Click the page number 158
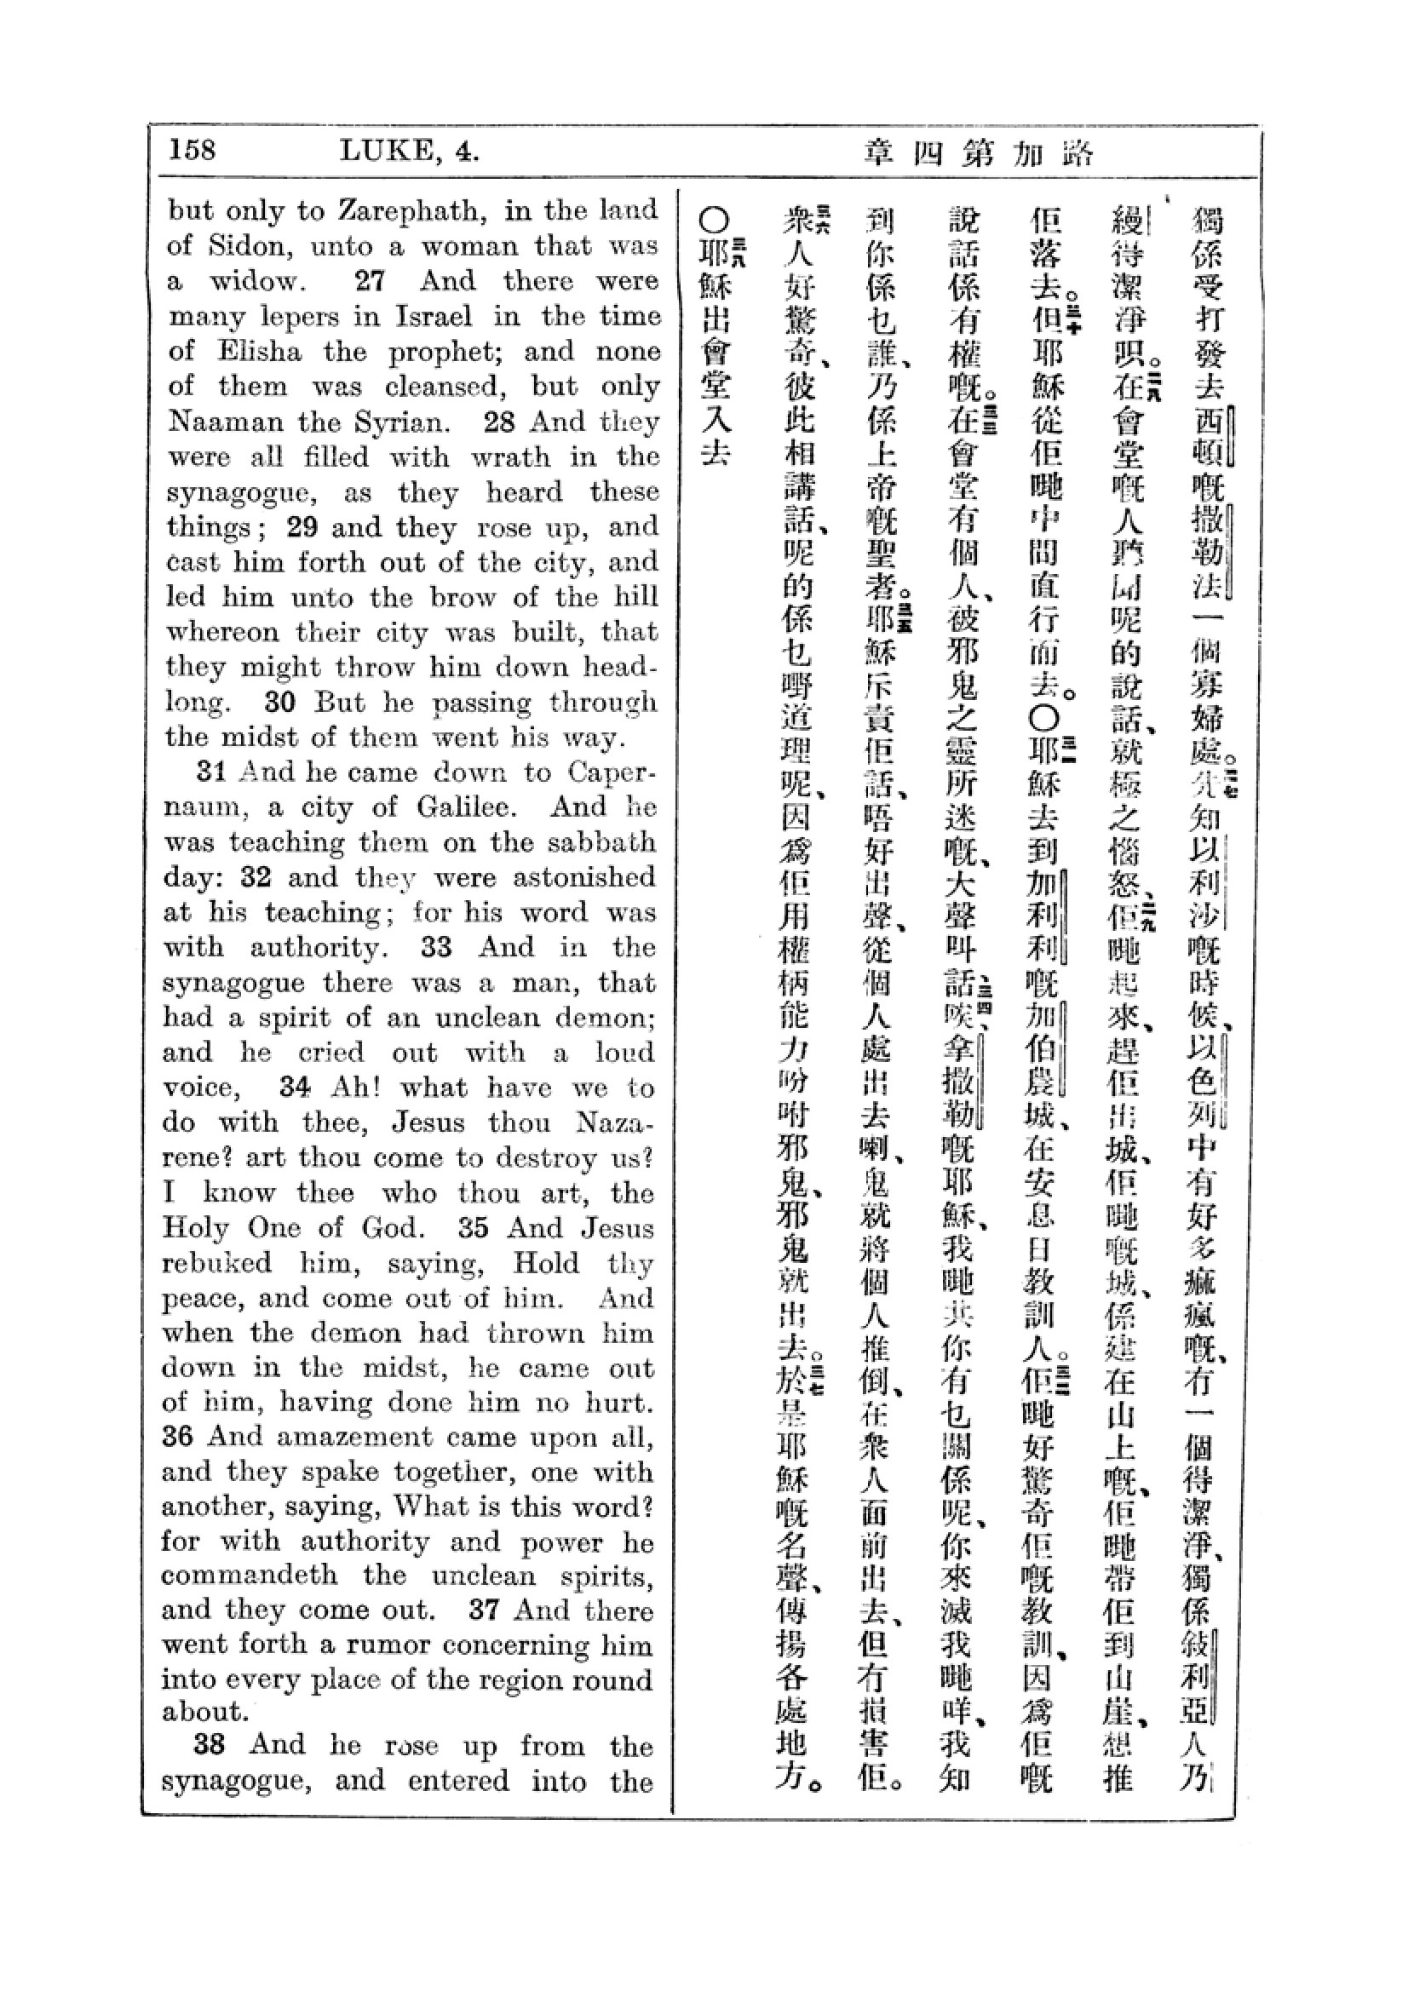[192, 150]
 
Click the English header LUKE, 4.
[410, 152]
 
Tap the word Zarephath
[406, 212]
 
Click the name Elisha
[260, 352]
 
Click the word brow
[468, 598]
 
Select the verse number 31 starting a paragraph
[213, 772]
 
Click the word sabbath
[606, 842]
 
